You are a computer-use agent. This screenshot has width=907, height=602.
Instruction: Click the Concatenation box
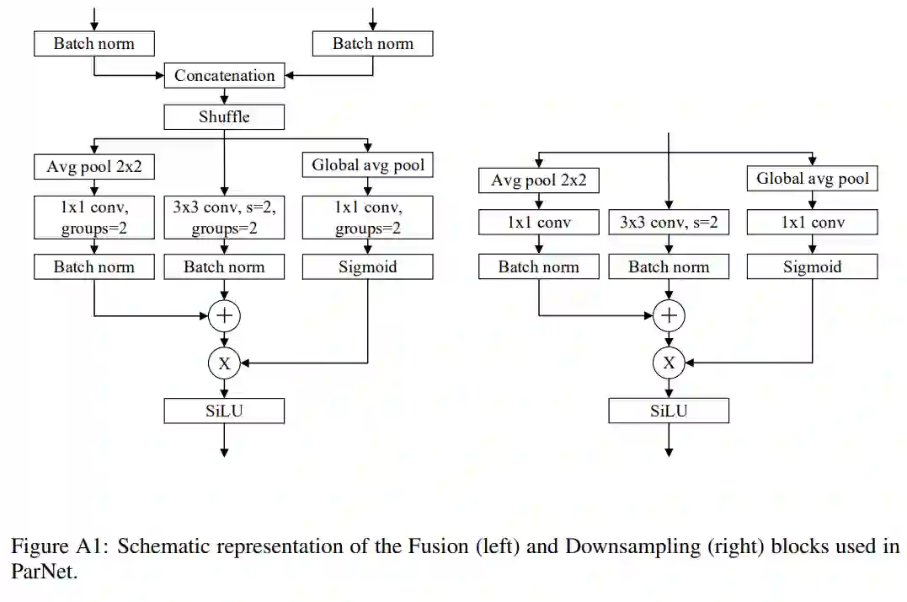(x=224, y=75)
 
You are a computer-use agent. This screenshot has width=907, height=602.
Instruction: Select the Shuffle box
(x=224, y=116)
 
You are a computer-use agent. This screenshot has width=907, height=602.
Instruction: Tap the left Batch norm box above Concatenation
(x=93, y=44)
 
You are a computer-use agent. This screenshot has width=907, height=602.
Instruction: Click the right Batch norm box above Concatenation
(x=373, y=44)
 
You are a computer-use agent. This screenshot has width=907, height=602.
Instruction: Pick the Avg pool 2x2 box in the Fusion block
(x=93, y=166)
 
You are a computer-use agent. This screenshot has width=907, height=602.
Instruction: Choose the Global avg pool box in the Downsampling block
(x=812, y=179)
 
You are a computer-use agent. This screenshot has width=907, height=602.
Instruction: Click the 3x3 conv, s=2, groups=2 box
(x=224, y=218)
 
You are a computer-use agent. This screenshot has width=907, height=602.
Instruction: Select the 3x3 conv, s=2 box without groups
(x=669, y=223)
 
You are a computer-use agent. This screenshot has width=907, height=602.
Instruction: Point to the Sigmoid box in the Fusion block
(x=367, y=267)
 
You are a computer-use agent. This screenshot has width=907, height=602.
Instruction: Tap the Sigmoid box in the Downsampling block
(x=812, y=267)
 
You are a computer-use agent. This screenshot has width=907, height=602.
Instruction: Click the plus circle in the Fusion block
(x=224, y=316)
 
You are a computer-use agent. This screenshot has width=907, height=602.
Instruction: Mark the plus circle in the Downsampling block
(x=669, y=316)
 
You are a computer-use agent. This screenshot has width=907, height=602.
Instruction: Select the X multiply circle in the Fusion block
(x=224, y=363)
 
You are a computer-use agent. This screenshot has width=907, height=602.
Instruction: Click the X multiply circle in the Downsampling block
(x=669, y=363)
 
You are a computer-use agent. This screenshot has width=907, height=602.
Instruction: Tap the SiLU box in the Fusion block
(x=224, y=411)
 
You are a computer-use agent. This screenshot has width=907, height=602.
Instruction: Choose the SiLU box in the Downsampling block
(x=669, y=411)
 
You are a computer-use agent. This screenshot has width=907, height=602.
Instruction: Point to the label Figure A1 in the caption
(x=58, y=546)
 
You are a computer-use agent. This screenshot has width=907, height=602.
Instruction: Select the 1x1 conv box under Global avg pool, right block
(x=812, y=223)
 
